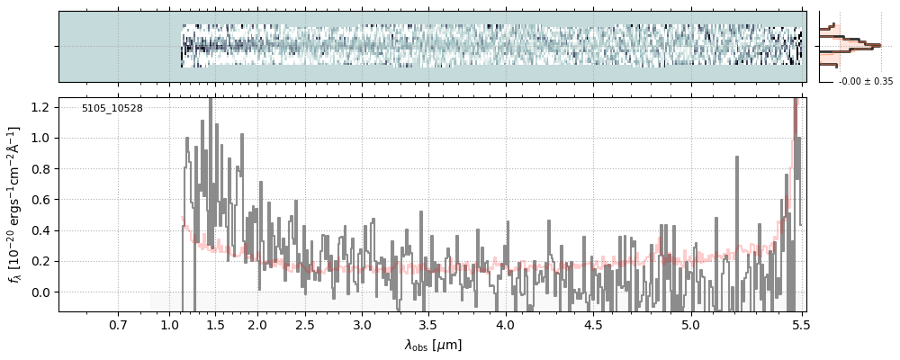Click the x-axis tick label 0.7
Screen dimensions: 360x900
click(118, 324)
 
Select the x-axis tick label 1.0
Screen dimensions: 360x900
click(170, 324)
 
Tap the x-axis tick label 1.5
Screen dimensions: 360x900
click(215, 324)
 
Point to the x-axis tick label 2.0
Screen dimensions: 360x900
click(257, 324)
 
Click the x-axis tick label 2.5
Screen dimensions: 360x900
click(304, 324)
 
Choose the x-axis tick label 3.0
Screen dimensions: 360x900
click(362, 324)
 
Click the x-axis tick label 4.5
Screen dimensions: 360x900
click(599, 324)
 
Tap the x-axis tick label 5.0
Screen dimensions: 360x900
click(690, 324)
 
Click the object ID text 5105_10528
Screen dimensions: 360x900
click(112, 109)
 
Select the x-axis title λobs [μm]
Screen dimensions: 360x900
click(433, 345)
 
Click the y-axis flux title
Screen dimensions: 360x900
click(15, 205)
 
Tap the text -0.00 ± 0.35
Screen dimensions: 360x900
click(865, 82)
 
